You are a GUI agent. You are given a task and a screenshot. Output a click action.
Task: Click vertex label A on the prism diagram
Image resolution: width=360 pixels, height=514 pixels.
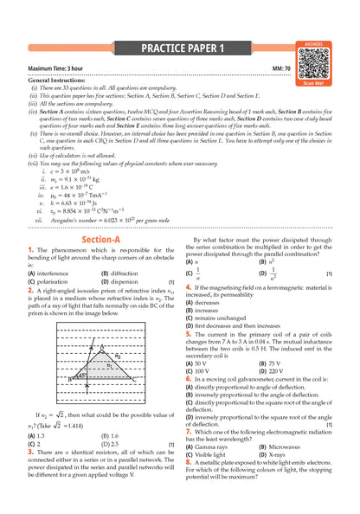coord(100,346)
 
